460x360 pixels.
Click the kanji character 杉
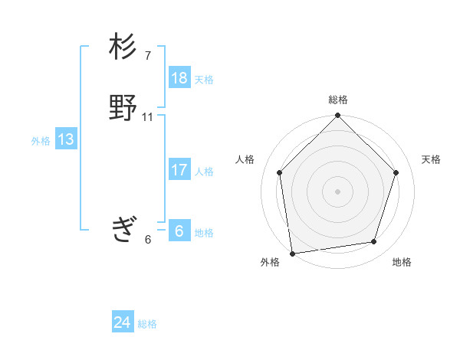[123, 47]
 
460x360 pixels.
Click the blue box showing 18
[179, 78]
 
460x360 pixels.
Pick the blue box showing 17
[179, 170]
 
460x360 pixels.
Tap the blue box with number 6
[179, 231]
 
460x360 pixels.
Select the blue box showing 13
[66, 139]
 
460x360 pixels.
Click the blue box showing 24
[123, 322]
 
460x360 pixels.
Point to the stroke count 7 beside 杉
[148, 55]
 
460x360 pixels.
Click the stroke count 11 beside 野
[148, 116]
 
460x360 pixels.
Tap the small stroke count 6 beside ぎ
[148, 239]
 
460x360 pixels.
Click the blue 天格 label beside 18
[204, 79]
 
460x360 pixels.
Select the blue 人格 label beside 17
[204, 171]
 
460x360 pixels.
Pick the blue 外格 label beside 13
[41, 140]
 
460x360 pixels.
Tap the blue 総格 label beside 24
[147, 323]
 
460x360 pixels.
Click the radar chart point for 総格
[337, 116]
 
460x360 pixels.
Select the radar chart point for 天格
[396, 172]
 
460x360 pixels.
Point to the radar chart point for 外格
[292, 253]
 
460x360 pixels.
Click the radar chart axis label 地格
[402, 262]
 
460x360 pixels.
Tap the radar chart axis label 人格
[245, 159]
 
